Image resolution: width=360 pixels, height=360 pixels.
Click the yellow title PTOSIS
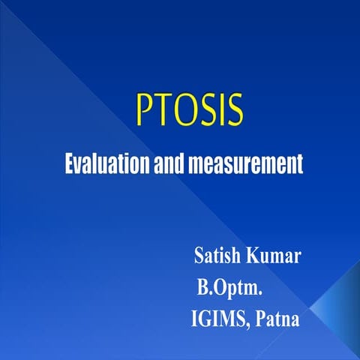tap(190, 112)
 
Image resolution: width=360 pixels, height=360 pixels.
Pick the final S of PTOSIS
tap(235, 112)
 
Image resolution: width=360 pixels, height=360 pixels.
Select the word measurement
tap(242, 163)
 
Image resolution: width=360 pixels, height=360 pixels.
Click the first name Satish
tap(216, 256)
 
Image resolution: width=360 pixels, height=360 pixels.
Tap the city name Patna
tap(277, 319)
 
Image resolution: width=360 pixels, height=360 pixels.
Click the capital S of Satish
tap(199, 256)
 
